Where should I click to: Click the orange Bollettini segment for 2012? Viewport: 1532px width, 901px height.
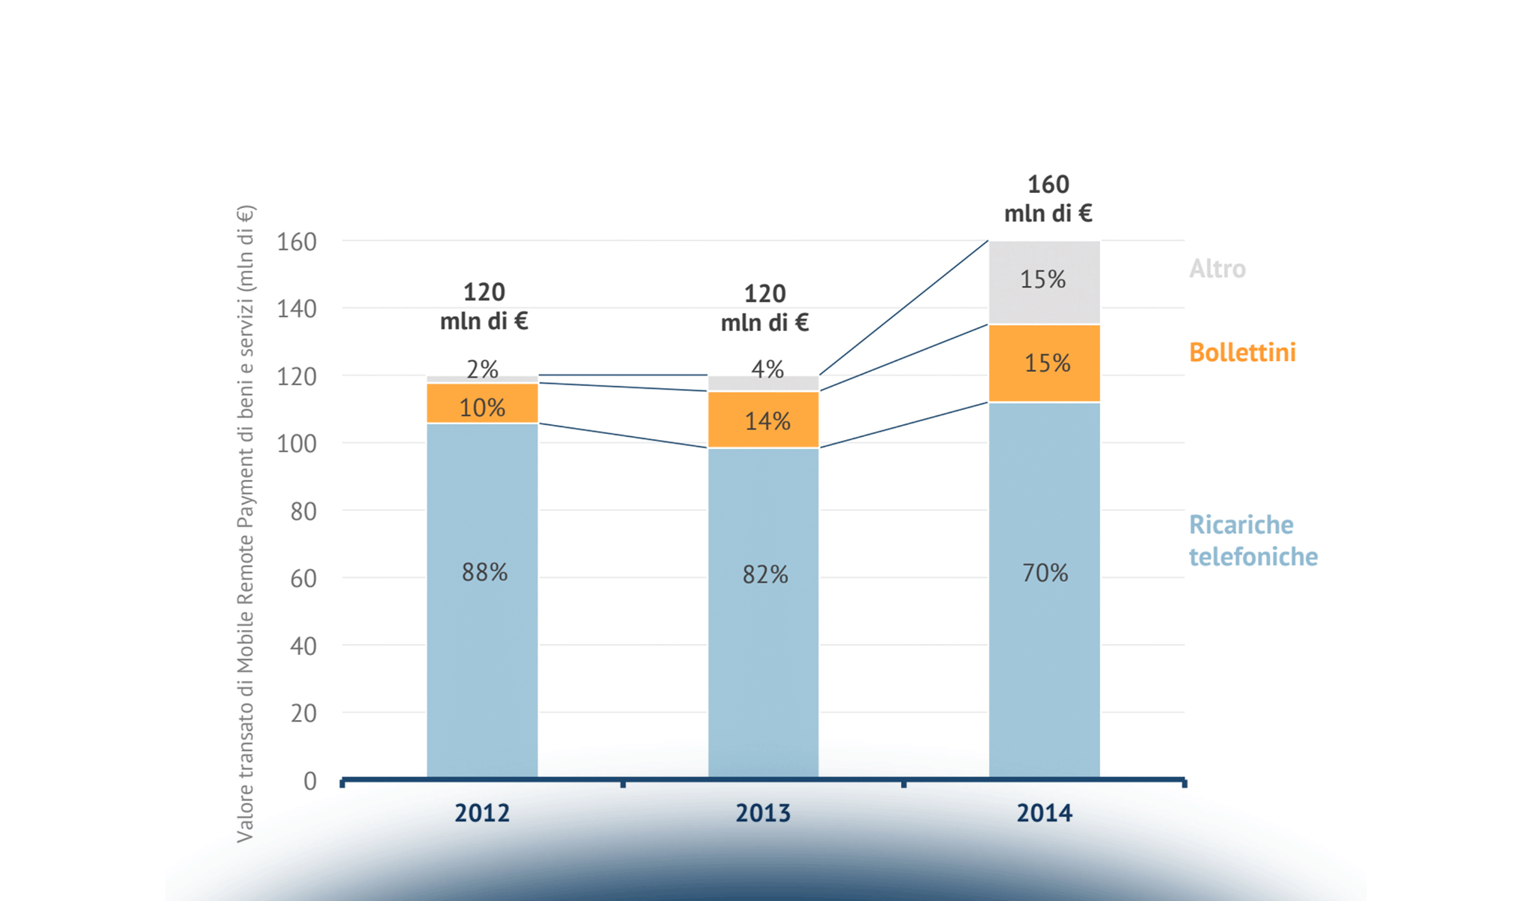click(x=482, y=403)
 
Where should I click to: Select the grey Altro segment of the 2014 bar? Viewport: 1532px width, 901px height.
click(x=1044, y=282)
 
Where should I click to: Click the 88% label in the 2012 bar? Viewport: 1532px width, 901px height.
click(x=484, y=573)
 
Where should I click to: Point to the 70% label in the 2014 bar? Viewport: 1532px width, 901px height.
click(x=1045, y=574)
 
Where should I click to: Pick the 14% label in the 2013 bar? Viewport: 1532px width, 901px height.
click(x=767, y=421)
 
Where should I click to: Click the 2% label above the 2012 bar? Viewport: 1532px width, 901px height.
click(x=482, y=369)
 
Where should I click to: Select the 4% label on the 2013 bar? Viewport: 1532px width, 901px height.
click(x=768, y=369)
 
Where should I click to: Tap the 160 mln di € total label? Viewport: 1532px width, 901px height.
click(x=1048, y=199)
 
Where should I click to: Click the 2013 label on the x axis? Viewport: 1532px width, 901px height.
click(x=763, y=813)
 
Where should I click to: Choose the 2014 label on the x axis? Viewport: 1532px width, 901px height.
click(x=1045, y=813)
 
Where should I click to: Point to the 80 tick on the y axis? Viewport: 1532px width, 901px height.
click(x=303, y=511)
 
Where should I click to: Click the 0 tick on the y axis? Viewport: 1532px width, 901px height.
click(x=309, y=782)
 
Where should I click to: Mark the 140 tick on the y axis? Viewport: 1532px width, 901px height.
click(x=297, y=309)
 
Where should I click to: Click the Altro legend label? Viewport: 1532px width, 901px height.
click(x=1217, y=269)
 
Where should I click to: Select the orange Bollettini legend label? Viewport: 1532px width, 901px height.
click(x=1242, y=352)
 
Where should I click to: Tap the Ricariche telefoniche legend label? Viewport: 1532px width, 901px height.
click(x=1253, y=541)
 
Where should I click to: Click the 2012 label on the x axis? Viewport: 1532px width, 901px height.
click(x=482, y=813)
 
